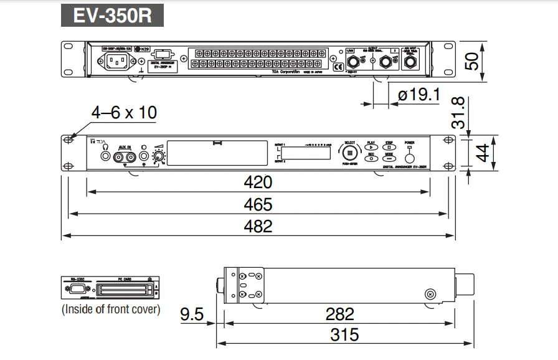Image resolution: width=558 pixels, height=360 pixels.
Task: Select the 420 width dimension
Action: tap(258, 182)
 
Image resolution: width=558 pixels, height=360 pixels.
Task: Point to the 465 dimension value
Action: tap(258, 205)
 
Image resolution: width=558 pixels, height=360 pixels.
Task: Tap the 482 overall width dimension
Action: tap(258, 226)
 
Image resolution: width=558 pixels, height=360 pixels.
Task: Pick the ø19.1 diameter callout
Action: tap(418, 95)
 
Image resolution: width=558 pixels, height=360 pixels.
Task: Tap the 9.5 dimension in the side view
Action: tap(192, 314)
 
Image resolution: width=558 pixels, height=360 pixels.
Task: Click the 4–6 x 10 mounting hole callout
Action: tap(124, 113)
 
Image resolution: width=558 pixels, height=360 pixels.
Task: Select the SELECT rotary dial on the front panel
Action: tap(349, 152)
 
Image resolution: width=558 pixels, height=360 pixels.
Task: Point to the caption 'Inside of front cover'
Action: tap(111, 309)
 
